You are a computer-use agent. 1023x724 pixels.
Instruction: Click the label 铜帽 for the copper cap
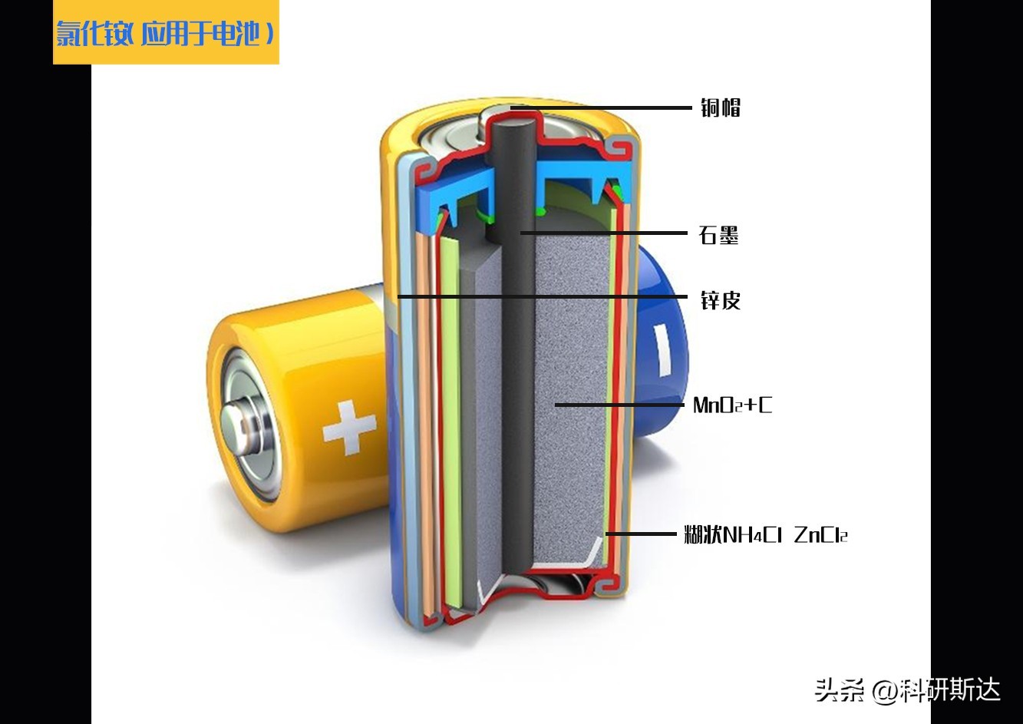pos(720,107)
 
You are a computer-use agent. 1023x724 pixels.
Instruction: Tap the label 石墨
pos(718,234)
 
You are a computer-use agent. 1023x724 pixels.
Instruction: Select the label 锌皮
pos(720,299)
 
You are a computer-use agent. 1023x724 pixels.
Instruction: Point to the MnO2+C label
pos(732,405)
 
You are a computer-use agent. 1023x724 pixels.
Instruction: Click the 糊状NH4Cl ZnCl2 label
pos(765,534)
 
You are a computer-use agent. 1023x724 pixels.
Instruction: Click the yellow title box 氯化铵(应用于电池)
pos(166,33)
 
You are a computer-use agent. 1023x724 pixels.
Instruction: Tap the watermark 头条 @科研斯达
pos(907,689)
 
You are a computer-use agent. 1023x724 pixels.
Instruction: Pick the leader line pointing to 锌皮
pos(537,296)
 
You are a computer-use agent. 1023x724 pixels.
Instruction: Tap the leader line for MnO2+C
pos(619,405)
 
